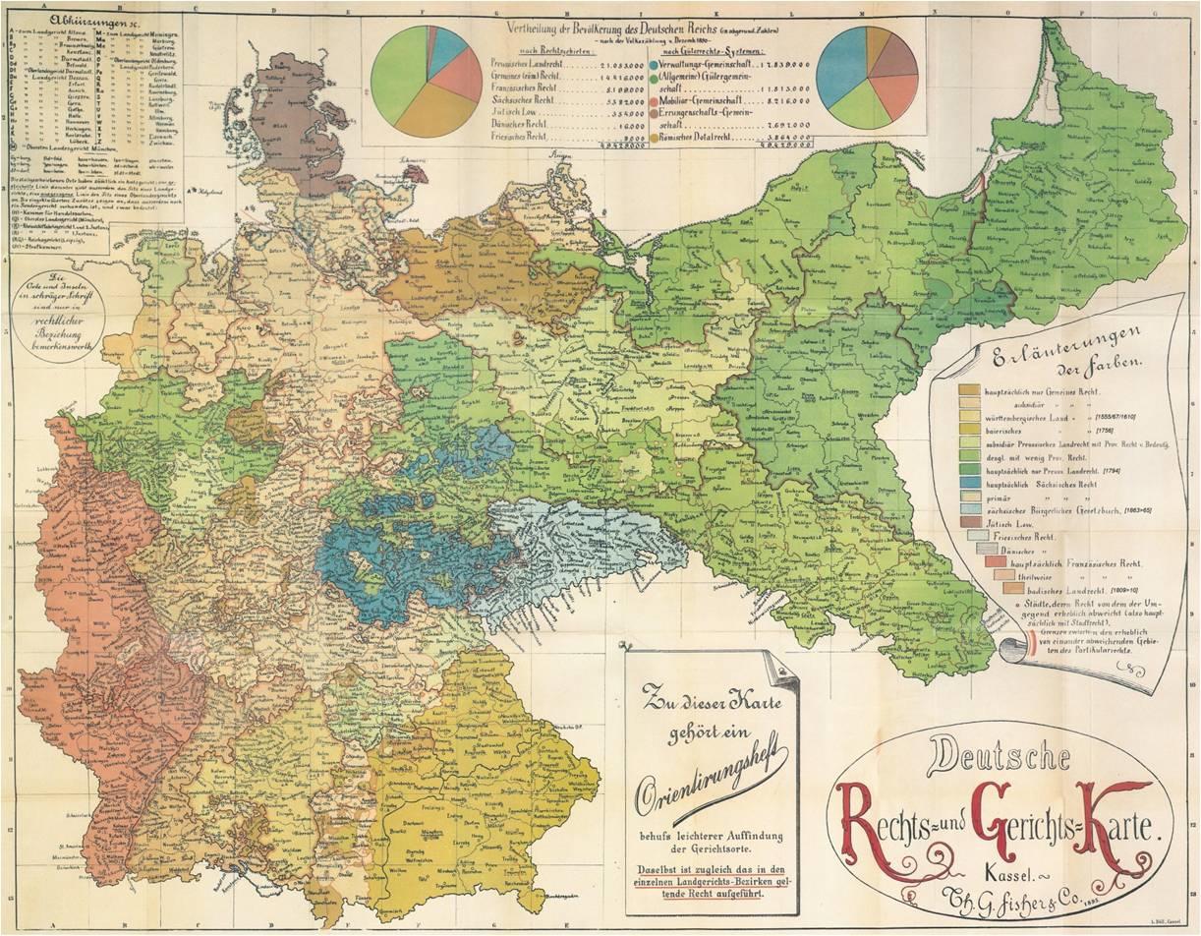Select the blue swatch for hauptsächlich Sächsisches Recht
point(968,485)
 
